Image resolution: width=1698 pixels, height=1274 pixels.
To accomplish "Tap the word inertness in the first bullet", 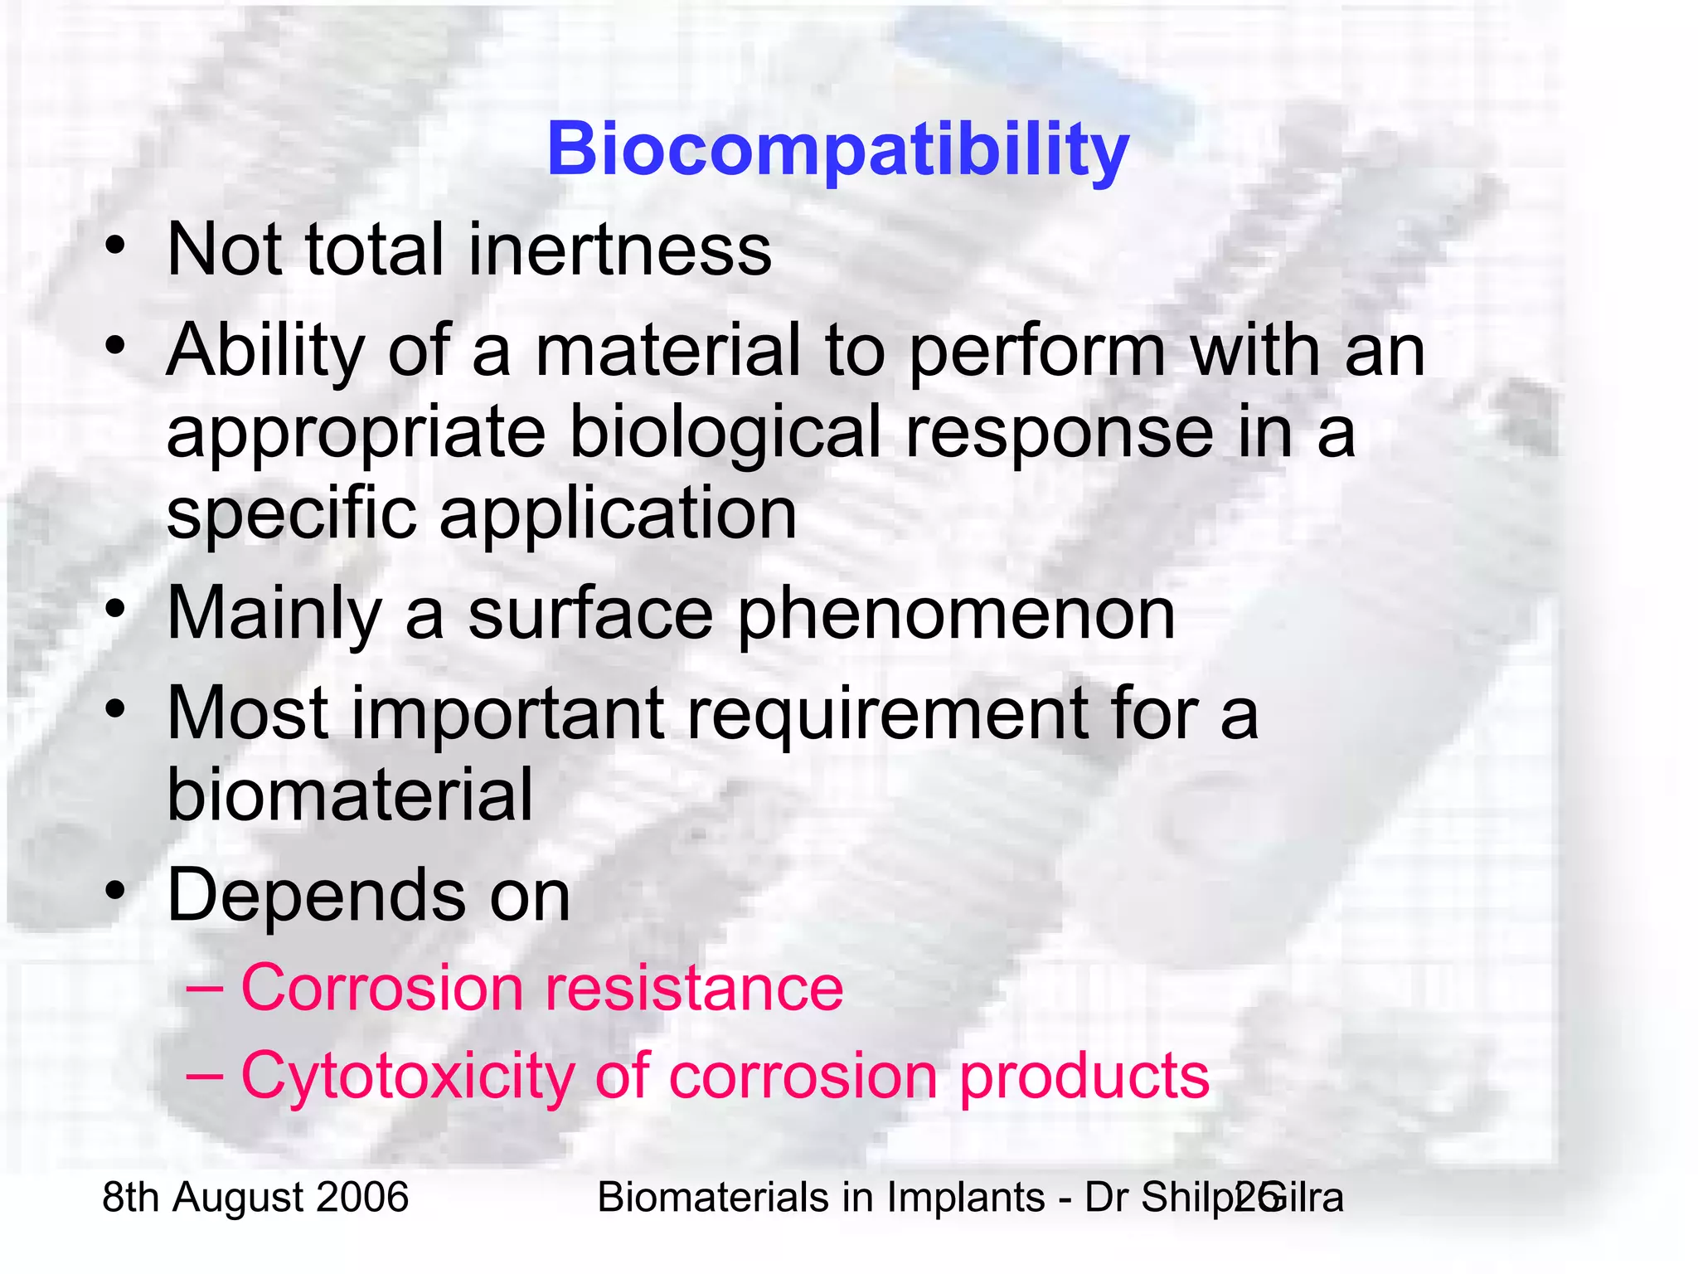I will (619, 250).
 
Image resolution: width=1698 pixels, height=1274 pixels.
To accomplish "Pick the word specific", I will (291, 514).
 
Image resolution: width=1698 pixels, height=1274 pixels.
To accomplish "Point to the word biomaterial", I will (350, 795).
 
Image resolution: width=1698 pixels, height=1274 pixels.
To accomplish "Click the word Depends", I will (316, 896).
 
